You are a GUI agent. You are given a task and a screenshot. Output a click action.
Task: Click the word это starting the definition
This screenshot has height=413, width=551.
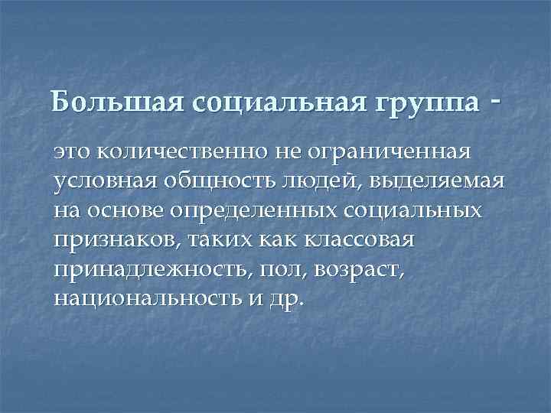click(x=75, y=153)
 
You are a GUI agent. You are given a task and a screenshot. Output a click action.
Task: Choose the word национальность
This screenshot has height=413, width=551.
click(x=142, y=298)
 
